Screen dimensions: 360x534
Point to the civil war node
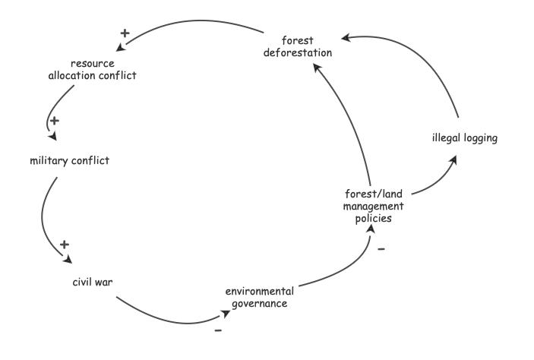pyautogui.click(x=93, y=283)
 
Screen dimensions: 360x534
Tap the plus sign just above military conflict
pyautogui.click(x=52, y=120)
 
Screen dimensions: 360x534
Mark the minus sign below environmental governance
pyautogui.click(x=218, y=331)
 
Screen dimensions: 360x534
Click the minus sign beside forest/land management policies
pyautogui.click(x=381, y=249)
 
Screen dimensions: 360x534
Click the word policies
pyautogui.click(x=372, y=218)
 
